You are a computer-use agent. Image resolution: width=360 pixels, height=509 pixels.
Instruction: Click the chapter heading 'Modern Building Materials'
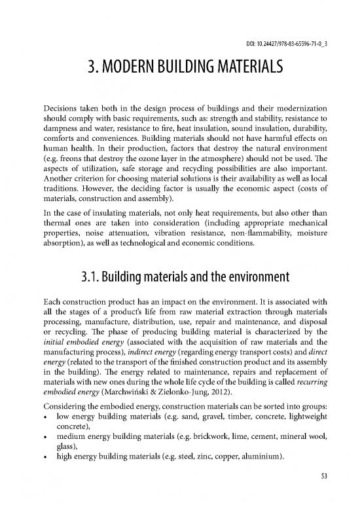click(179, 67)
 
